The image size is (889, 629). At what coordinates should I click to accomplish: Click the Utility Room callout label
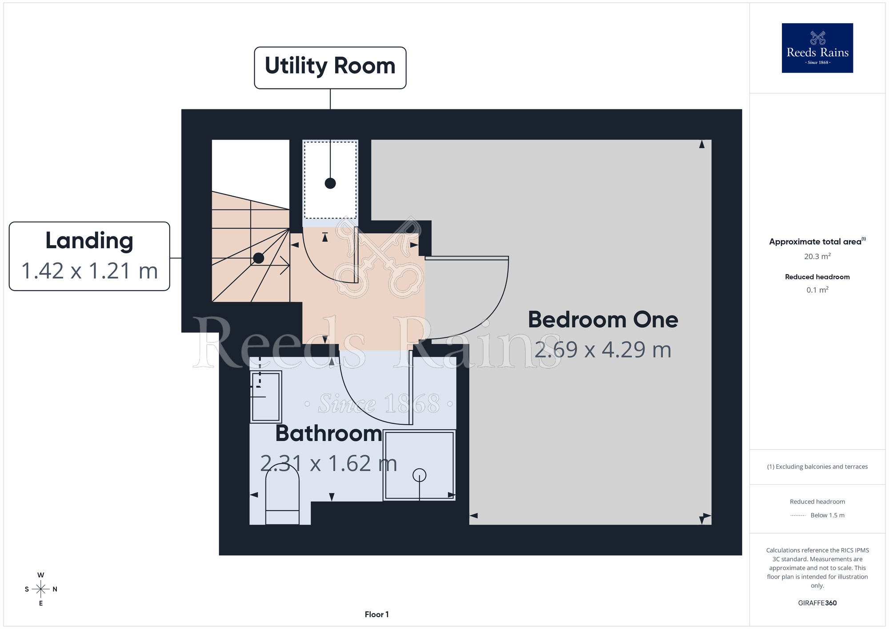[330, 68]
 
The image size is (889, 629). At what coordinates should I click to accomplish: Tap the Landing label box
[89, 256]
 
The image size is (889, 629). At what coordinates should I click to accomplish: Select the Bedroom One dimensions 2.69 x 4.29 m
[603, 350]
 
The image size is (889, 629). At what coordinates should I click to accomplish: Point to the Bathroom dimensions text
[328, 464]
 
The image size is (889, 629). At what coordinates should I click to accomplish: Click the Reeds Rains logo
[817, 48]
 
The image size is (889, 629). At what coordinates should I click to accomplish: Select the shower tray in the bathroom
[419, 465]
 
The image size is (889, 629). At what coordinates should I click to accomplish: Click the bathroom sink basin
[266, 396]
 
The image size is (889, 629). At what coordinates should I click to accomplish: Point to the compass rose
[41, 589]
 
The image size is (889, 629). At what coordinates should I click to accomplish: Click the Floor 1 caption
[376, 614]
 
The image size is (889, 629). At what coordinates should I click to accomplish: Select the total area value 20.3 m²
[817, 256]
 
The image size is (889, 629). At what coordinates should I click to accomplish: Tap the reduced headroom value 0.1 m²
[817, 290]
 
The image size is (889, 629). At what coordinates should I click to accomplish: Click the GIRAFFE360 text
[817, 603]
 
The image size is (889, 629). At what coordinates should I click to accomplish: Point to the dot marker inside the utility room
[330, 183]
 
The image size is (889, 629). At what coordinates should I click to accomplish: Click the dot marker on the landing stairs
[259, 258]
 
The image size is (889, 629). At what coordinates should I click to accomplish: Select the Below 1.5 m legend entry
[817, 515]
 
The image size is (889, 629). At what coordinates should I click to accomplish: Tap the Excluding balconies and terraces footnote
[817, 467]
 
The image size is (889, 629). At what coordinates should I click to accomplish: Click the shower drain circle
[419, 476]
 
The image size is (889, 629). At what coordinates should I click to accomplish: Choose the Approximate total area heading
[817, 242]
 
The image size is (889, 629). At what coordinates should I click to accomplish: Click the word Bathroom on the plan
[328, 433]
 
